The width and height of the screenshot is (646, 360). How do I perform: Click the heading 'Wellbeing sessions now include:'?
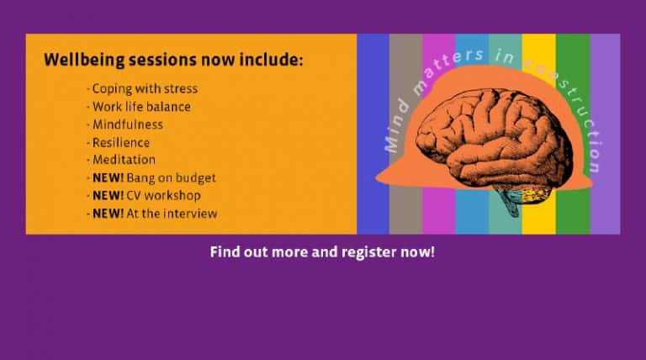pos(173,60)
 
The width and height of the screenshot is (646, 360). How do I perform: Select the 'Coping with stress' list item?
pos(145,89)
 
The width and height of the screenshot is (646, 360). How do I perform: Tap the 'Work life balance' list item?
pos(141,107)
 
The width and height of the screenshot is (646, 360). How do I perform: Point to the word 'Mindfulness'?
pos(128,124)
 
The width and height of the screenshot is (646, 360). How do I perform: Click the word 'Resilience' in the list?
pos(121,142)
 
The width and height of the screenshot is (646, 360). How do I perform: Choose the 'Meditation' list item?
pos(124,160)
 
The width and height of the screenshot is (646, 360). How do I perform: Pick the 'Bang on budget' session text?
pos(171,178)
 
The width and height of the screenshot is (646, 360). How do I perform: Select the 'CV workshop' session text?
pos(163,196)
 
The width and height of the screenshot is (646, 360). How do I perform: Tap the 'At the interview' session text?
pos(172,214)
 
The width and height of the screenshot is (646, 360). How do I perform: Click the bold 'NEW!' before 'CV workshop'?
pos(108,196)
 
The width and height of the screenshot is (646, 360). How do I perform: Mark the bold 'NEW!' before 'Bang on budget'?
pos(108,178)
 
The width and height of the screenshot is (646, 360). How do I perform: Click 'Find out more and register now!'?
pos(322,251)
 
